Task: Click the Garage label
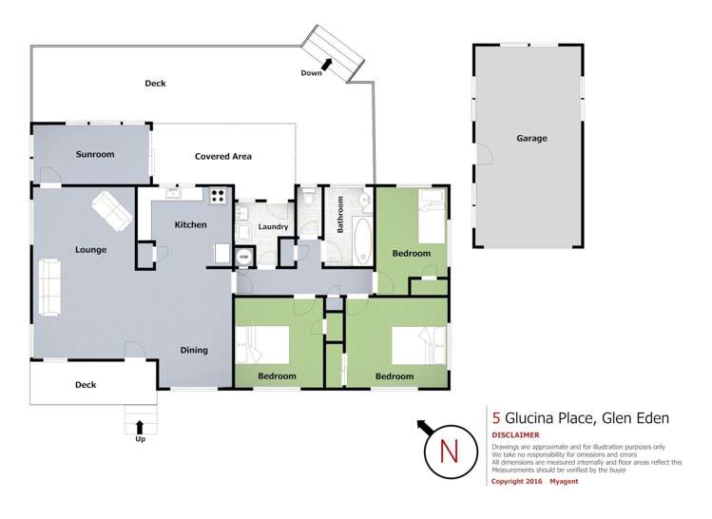click(x=531, y=139)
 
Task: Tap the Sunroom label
click(x=95, y=154)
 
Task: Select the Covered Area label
click(x=222, y=156)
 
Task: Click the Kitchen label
click(x=190, y=224)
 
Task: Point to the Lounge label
click(x=91, y=250)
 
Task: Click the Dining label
click(x=194, y=350)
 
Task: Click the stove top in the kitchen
click(x=218, y=197)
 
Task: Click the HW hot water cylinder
click(x=243, y=257)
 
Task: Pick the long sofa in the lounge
click(x=48, y=287)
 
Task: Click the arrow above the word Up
click(x=140, y=427)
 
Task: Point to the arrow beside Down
click(x=329, y=64)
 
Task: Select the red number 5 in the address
click(x=496, y=416)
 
